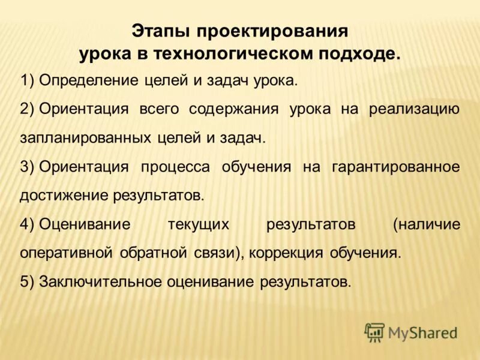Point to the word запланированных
point(85,138)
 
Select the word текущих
point(199,224)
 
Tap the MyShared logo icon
point(374,332)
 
